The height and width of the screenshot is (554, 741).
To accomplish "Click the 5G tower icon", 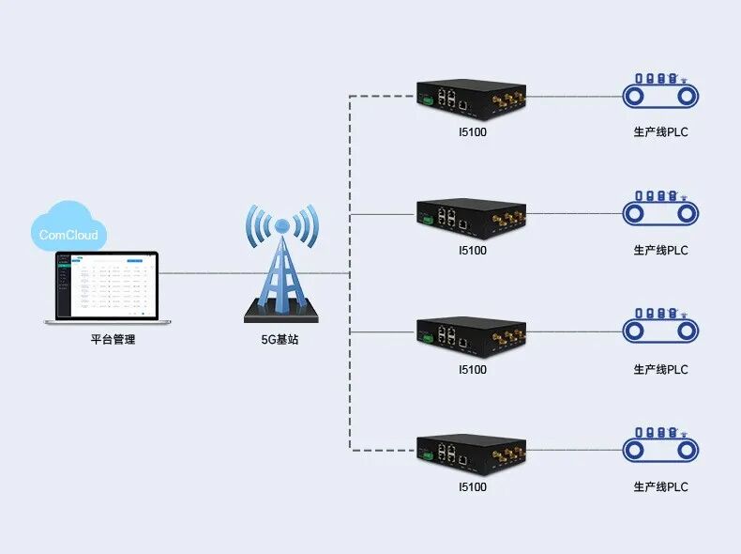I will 280,264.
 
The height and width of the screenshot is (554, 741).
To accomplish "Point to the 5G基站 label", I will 280,340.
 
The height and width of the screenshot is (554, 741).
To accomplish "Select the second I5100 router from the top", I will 472,218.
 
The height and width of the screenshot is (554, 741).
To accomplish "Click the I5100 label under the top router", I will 472,132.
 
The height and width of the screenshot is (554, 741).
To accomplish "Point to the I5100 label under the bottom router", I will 472,487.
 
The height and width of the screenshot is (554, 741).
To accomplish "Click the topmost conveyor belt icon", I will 661,93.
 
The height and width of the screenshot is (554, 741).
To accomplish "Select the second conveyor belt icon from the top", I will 661,211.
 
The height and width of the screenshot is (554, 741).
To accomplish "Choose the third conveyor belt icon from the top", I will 661,329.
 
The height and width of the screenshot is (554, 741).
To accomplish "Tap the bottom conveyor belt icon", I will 661,448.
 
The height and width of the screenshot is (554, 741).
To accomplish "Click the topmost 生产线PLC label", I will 660,132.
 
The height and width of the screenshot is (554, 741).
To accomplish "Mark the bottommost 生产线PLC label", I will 660,487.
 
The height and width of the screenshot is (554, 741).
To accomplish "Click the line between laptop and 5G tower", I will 202,273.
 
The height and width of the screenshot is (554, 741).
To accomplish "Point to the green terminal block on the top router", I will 426,100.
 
